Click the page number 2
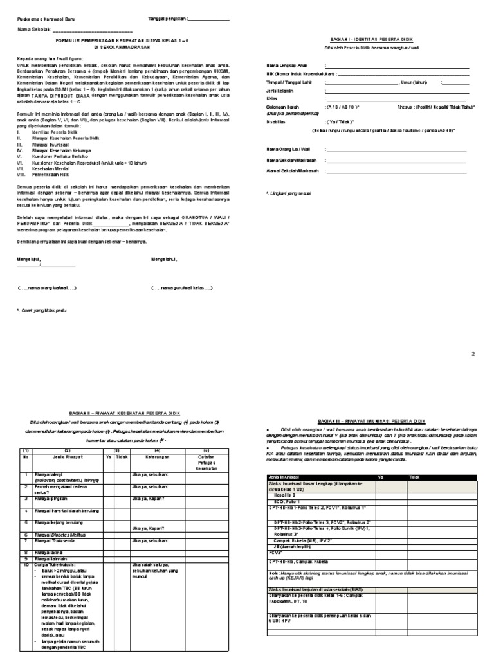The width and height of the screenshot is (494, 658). click(x=473, y=354)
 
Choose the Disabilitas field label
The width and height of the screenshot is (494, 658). click(x=279, y=121)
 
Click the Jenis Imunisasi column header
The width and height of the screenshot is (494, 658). click(x=284, y=477)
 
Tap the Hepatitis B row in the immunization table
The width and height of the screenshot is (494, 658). click(x=287, y=496)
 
